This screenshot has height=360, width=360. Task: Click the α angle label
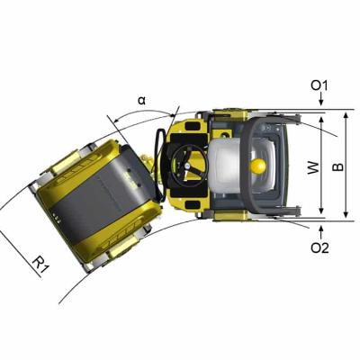(140, 98)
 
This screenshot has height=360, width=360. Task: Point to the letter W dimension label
(313, 167)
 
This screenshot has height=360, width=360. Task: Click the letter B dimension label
(337, 167)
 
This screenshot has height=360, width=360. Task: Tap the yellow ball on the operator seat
(258, 166)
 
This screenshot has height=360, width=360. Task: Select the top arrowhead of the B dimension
(346, 113)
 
